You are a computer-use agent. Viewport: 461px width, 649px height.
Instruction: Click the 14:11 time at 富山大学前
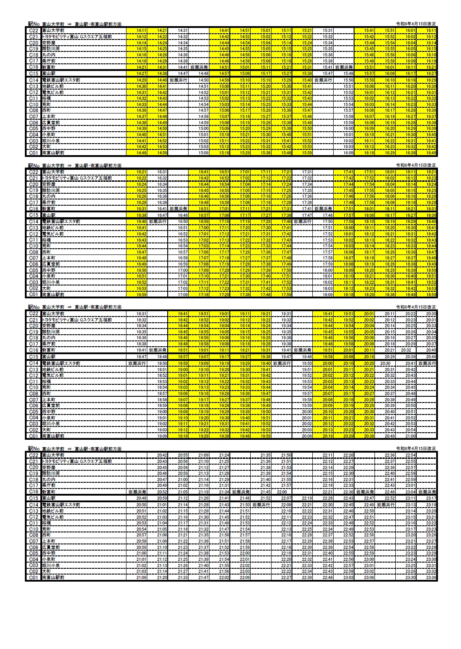click(142, 31)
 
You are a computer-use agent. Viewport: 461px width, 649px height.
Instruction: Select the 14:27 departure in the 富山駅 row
click(142, 73)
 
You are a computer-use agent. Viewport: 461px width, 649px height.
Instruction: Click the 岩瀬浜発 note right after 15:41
click(344, 67)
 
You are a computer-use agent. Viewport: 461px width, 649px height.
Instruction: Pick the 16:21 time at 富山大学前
click(142, 172)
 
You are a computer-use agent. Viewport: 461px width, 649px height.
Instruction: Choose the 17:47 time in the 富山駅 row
click(307, 215)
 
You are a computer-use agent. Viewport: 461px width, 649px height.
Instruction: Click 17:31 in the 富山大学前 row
click(307, 172)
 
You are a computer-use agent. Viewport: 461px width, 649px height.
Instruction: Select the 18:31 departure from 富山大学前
click(142, 314)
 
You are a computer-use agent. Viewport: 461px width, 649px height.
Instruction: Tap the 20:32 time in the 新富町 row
click(406, 350)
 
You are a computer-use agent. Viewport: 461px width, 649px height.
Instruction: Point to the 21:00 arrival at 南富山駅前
click(410, 436)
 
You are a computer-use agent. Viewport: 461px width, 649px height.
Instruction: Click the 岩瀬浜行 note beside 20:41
click(428, 364)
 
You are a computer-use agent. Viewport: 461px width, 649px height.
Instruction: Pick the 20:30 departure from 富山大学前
click(431, 314)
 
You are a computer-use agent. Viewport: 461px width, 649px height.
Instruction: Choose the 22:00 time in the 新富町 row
click(282, 492)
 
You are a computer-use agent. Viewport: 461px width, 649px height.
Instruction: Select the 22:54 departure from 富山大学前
click(410, 455)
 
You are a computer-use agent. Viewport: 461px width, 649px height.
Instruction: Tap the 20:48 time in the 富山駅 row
click(142, 498)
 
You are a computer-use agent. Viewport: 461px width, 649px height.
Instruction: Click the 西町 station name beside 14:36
click(47, 110)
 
